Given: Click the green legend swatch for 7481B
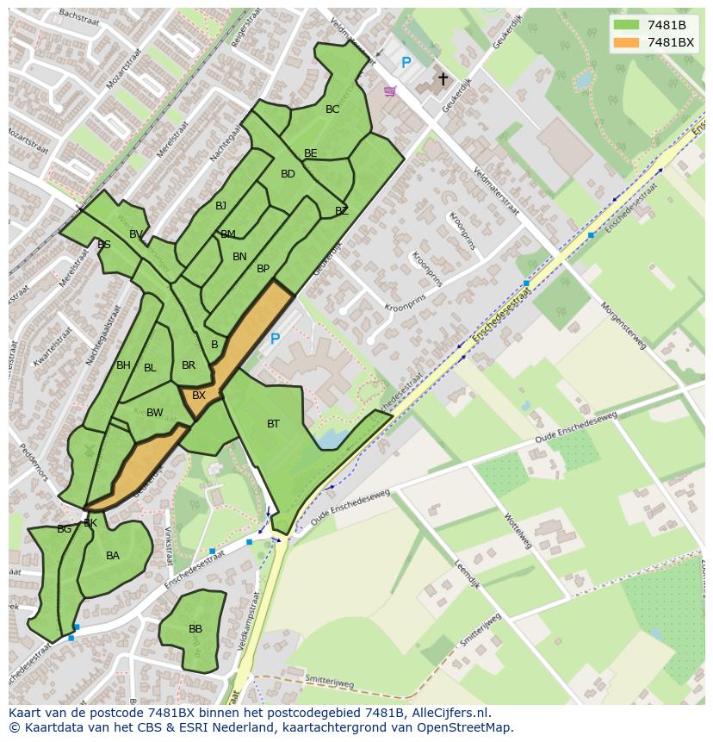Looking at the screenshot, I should pyautogui.click(x=626, y=25).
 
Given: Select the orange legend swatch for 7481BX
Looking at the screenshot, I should pyautogui.click(x=626, y=42).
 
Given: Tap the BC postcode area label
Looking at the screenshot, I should pyautogui.click(x=332, y=109).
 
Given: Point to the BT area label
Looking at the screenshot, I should pyautogui.click(x=273, y=423).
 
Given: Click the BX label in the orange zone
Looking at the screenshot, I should pyautogui.click(x=199, y=396).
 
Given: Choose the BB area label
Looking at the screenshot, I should pyautogui.click(x=195, y=629).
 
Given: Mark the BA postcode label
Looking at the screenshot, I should pyautogui.click(x=113, y=556).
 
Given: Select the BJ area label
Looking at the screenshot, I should pyautogui.click(x=221, y=205).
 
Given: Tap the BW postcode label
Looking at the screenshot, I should pyautogui.click(x=154, y=413).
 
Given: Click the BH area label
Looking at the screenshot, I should pyautogui.click(x=123, y=365).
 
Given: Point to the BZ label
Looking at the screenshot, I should pyautogui.click(x=341, y=211).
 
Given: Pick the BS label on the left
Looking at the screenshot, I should pyautogui.click(x=104, y=245).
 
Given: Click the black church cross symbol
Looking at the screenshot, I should pyautogui.click(x=443, y=79).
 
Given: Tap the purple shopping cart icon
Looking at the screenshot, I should pyautogui.click(x=390, y=90).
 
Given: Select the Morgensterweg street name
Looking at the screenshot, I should pyautogui.click(x=623, y=326).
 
